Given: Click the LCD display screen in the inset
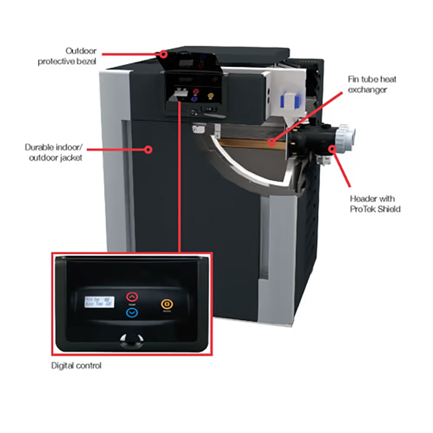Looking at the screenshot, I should click(x=97, y=304).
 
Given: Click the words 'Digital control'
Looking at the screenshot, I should click(x=76, y=366).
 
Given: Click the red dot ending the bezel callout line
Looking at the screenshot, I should click(x=163, y=54).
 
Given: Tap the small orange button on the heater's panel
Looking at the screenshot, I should click(x=211, y=98).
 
